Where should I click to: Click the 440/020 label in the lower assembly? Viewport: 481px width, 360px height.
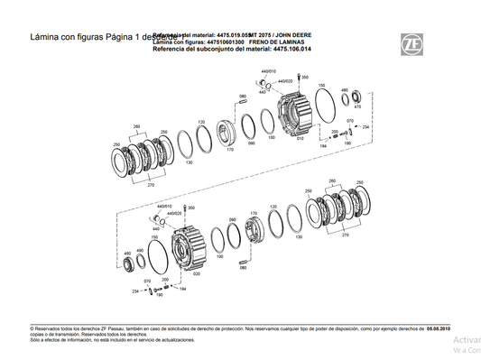[x=163, y=214]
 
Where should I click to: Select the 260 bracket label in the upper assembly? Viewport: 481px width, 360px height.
[x=136, y=125]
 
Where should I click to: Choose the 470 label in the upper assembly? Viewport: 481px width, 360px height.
[x=358, y=106]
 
